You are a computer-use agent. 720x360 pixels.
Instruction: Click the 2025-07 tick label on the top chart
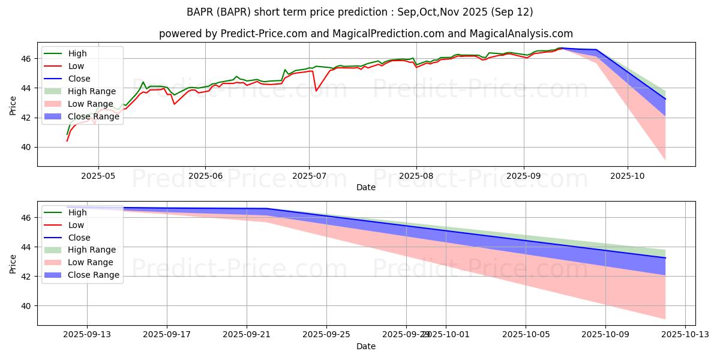pyautogui.click(x=309, y=176)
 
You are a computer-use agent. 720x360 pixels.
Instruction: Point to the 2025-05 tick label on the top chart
pyautogui.click(x=98, y=176)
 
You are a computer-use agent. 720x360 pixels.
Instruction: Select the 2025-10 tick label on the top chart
pyautogui.click(x=628, y=176)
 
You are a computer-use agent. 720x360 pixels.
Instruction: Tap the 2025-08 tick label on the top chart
pyautogui.click(x=416, y=176)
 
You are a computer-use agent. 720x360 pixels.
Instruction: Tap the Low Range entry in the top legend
pyautogui.click(x=91, y=104)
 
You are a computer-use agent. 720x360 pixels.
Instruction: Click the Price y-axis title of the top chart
pyautogui.click(x=13, y=104)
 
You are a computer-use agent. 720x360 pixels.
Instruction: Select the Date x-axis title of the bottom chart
pyautogui.click(x=366, y=346)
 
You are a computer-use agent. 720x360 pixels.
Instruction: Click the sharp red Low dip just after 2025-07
pyautogui.click(x=316, y=91)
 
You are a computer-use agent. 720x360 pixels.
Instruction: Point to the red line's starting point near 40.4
pyautogui.click(x=67, y=141)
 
